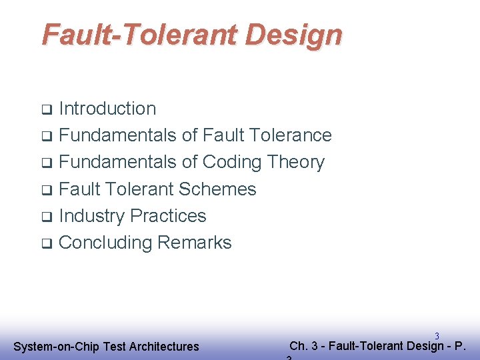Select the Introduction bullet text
107,109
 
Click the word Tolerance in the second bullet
291,135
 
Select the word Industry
92,216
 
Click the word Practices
169,216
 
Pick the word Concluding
105,243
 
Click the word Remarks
195,243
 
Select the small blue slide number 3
437,336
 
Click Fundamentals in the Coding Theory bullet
117,162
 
